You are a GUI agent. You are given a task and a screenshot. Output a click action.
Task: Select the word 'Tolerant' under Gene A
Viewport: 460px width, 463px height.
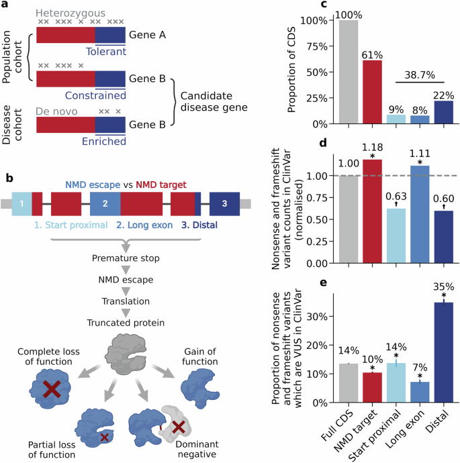pos(106,50)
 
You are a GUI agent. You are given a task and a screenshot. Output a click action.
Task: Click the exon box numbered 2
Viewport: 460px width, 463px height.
pos(105,202)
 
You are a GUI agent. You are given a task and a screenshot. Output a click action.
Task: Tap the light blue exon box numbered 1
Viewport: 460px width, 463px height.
pos(21,202)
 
